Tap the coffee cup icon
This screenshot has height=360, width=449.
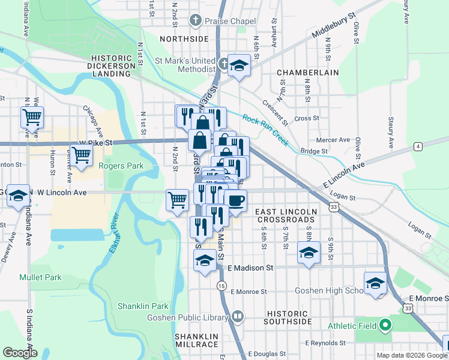tap(235, 200)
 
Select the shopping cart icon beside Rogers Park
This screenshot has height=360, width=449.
tap(81, 155)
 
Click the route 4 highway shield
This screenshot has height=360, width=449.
tap(417, 146)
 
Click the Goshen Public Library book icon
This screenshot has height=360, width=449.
tap(238, 316)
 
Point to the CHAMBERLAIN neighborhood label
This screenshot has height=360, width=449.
tap(308, 73)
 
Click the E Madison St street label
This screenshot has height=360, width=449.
tap(250, 267)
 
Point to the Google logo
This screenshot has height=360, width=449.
tap(19, 353)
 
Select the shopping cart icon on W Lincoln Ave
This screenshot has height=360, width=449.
tap(177, 200)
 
